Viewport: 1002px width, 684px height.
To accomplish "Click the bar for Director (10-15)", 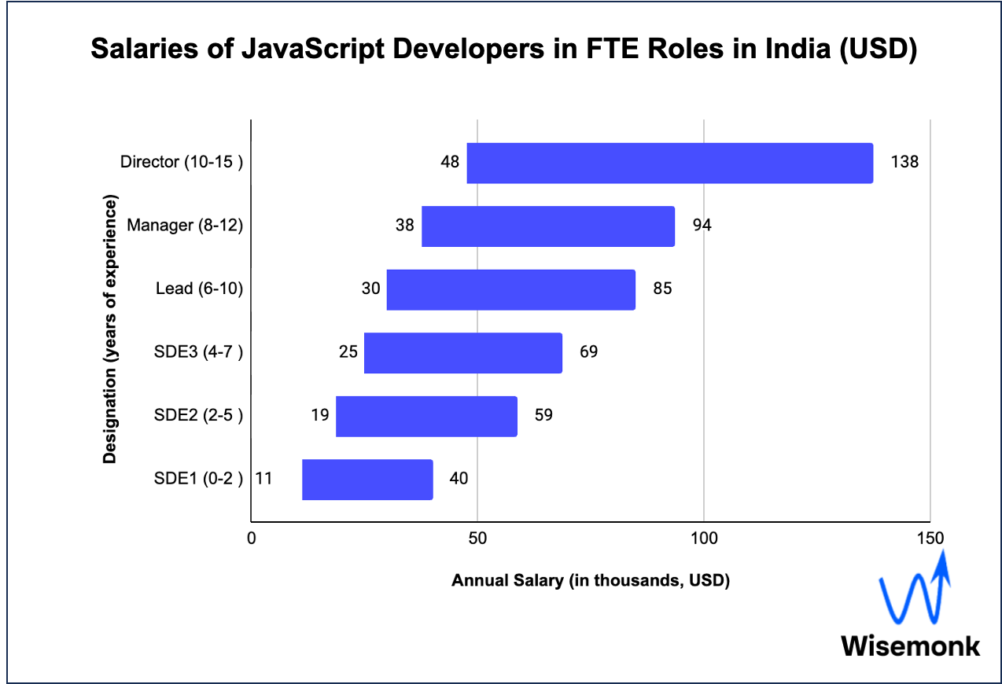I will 669,163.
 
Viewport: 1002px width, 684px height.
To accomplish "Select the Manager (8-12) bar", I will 548,226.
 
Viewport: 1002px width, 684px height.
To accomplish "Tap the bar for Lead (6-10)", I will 510,289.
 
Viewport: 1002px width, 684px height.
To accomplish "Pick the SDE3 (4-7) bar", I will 462,352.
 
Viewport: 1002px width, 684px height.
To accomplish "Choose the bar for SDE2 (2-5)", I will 426,416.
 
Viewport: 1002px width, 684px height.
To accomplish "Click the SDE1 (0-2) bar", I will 367,479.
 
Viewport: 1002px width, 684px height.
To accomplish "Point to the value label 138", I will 904,162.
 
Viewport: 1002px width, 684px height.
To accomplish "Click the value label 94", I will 702,226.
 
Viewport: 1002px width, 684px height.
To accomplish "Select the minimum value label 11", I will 263,479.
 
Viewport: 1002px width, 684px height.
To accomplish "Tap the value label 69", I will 588,351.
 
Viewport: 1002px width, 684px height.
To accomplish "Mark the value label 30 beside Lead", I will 370,289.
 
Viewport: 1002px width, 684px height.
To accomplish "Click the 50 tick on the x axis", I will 477,539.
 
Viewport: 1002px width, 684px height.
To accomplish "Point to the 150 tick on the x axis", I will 930,539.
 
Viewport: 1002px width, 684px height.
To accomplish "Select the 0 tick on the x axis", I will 251,539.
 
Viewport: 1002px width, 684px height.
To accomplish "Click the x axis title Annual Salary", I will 591,581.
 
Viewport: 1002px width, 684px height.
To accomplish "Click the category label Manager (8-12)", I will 185,226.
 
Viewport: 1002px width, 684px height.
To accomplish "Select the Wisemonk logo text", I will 911,645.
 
